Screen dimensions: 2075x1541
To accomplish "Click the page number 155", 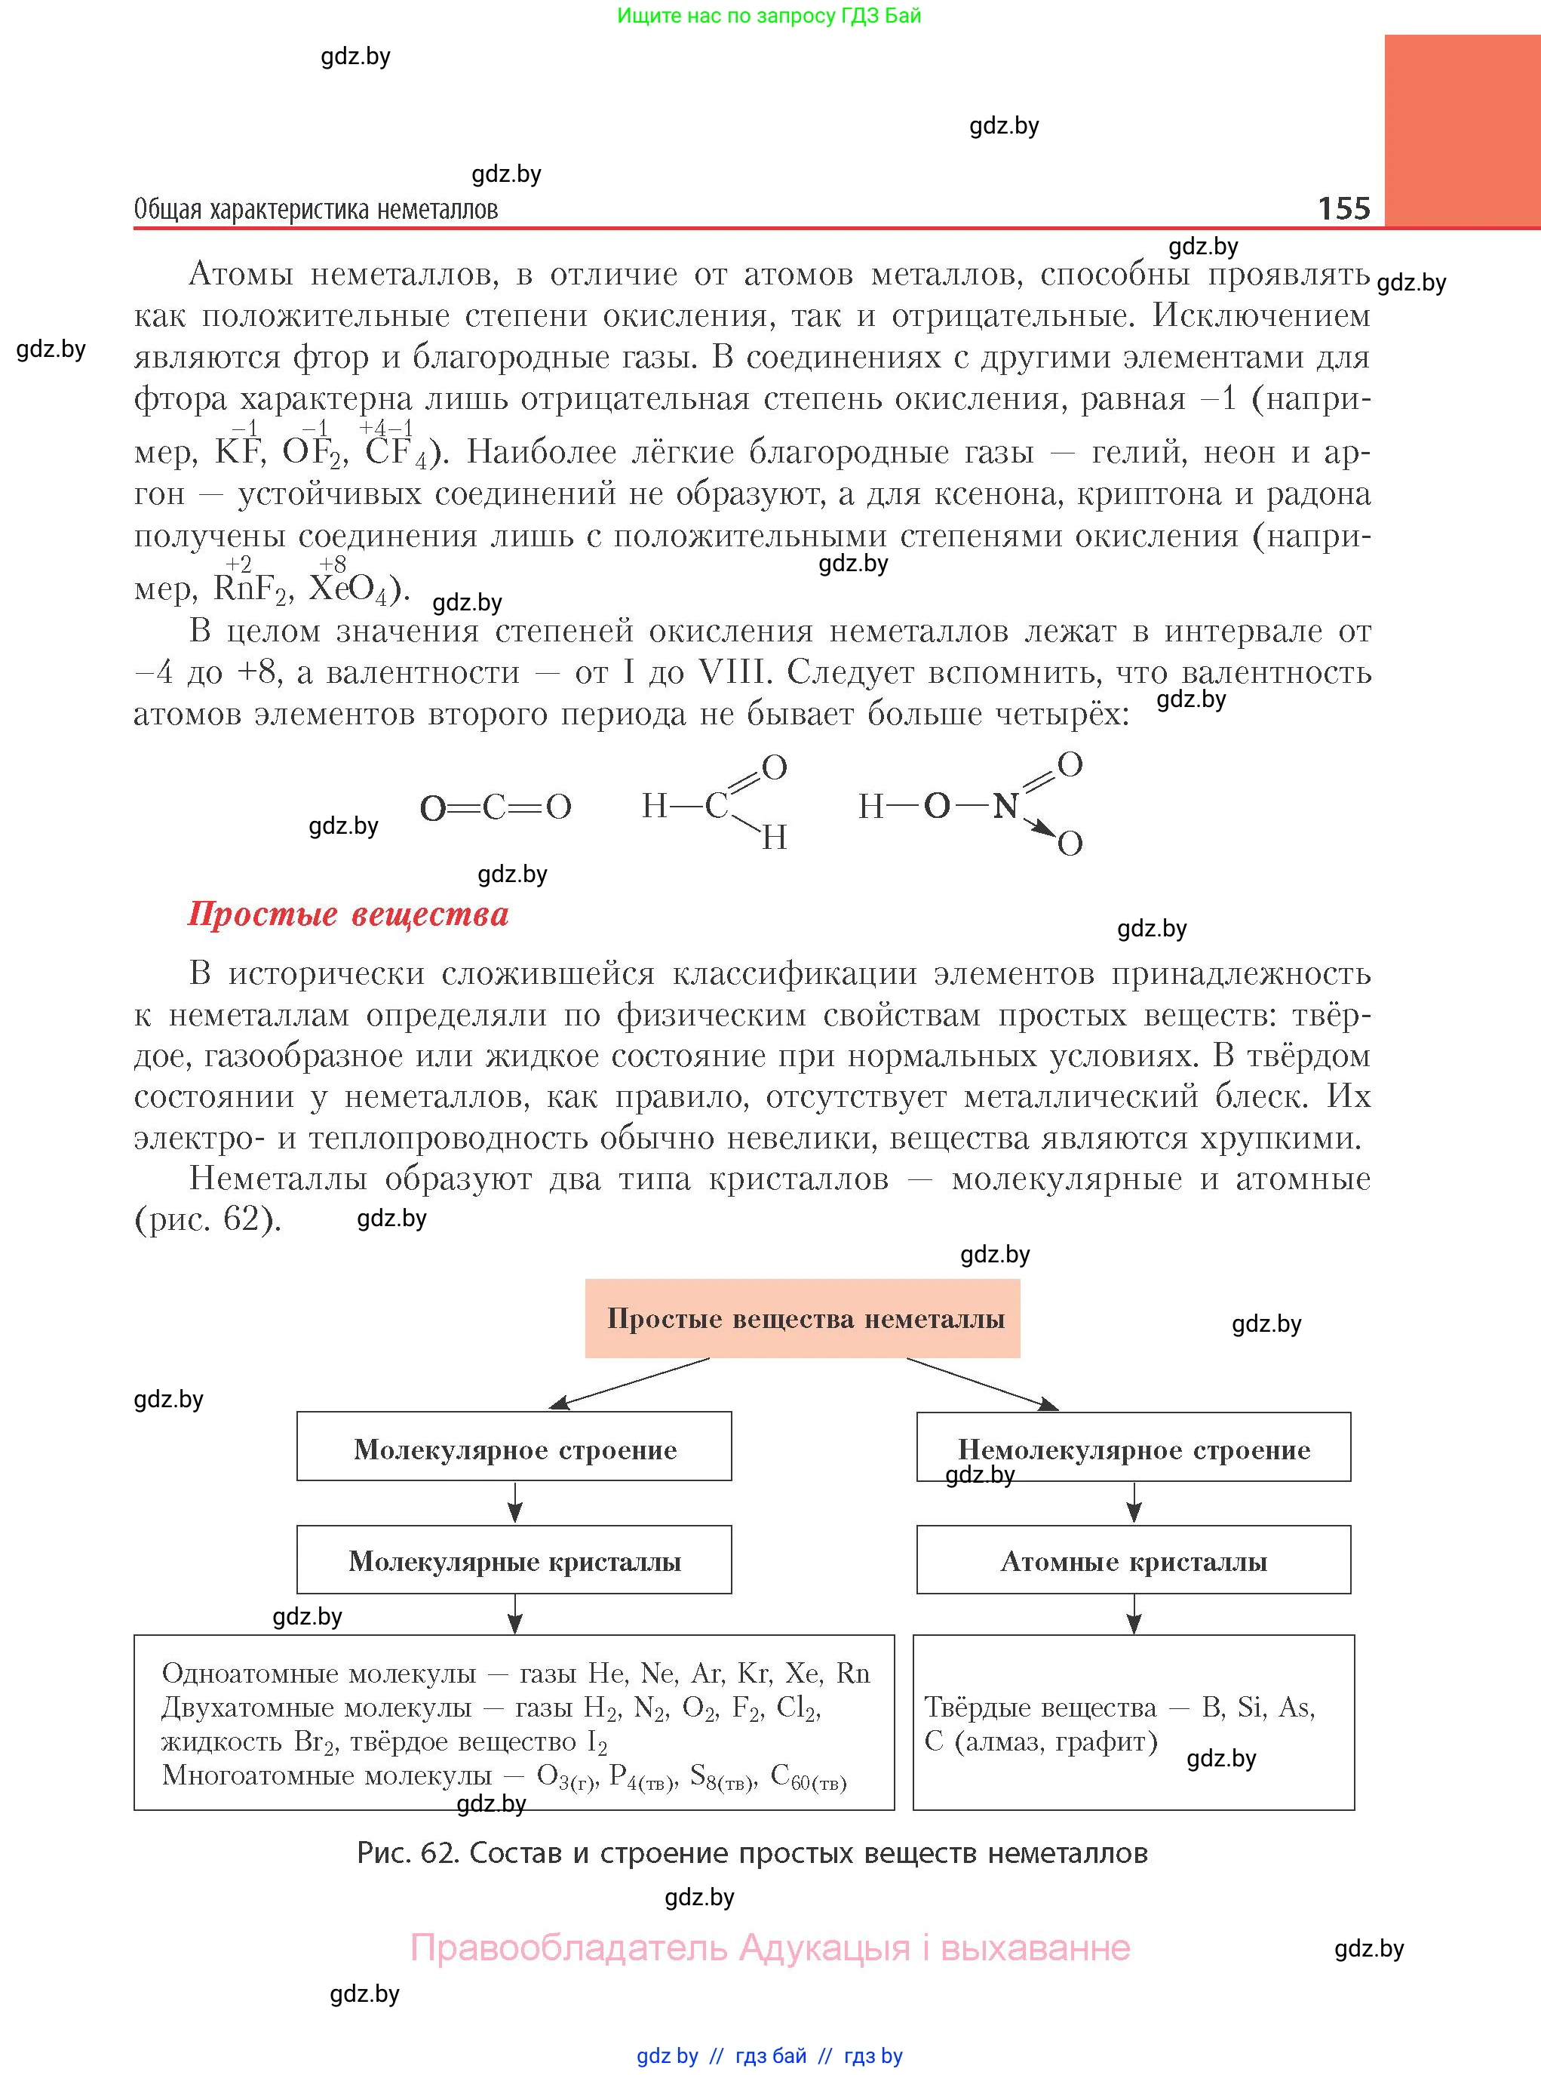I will point(1343,208).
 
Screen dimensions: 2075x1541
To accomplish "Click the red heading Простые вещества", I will point(348,915).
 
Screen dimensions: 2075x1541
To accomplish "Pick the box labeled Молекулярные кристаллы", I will point(514,1562).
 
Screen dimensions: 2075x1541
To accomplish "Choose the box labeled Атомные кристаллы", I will point(1134,1562).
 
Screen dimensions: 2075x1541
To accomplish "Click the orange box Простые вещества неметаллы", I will point(803,1318).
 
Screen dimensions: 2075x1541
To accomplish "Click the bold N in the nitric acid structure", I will point(1005,806).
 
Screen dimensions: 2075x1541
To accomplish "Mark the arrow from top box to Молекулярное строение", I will point(629,1383).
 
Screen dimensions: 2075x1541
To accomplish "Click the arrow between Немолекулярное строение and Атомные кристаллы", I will point(1134,1503).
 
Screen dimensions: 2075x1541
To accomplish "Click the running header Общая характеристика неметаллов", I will point(315,210).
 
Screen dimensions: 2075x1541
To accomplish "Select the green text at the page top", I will point(769,16).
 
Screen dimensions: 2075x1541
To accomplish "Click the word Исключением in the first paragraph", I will point(1260,315).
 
